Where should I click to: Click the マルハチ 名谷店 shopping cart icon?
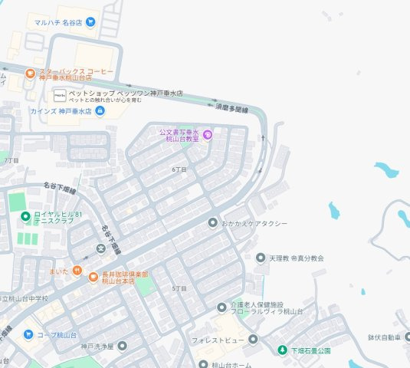[90, 22]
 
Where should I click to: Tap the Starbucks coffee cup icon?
[30, 74]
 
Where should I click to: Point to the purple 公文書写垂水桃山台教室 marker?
[206, 136]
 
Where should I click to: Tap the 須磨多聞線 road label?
[235, 108]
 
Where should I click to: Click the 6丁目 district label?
[179, 169]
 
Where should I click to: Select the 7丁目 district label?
[11, 160]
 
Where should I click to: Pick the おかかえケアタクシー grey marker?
[213, 222]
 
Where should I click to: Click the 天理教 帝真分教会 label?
[296, 258]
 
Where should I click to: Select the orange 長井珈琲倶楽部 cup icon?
[93, 277]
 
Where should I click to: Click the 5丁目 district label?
[179, 287]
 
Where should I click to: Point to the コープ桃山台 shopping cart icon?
[28, 334]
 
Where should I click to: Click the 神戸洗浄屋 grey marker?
[122, 346]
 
